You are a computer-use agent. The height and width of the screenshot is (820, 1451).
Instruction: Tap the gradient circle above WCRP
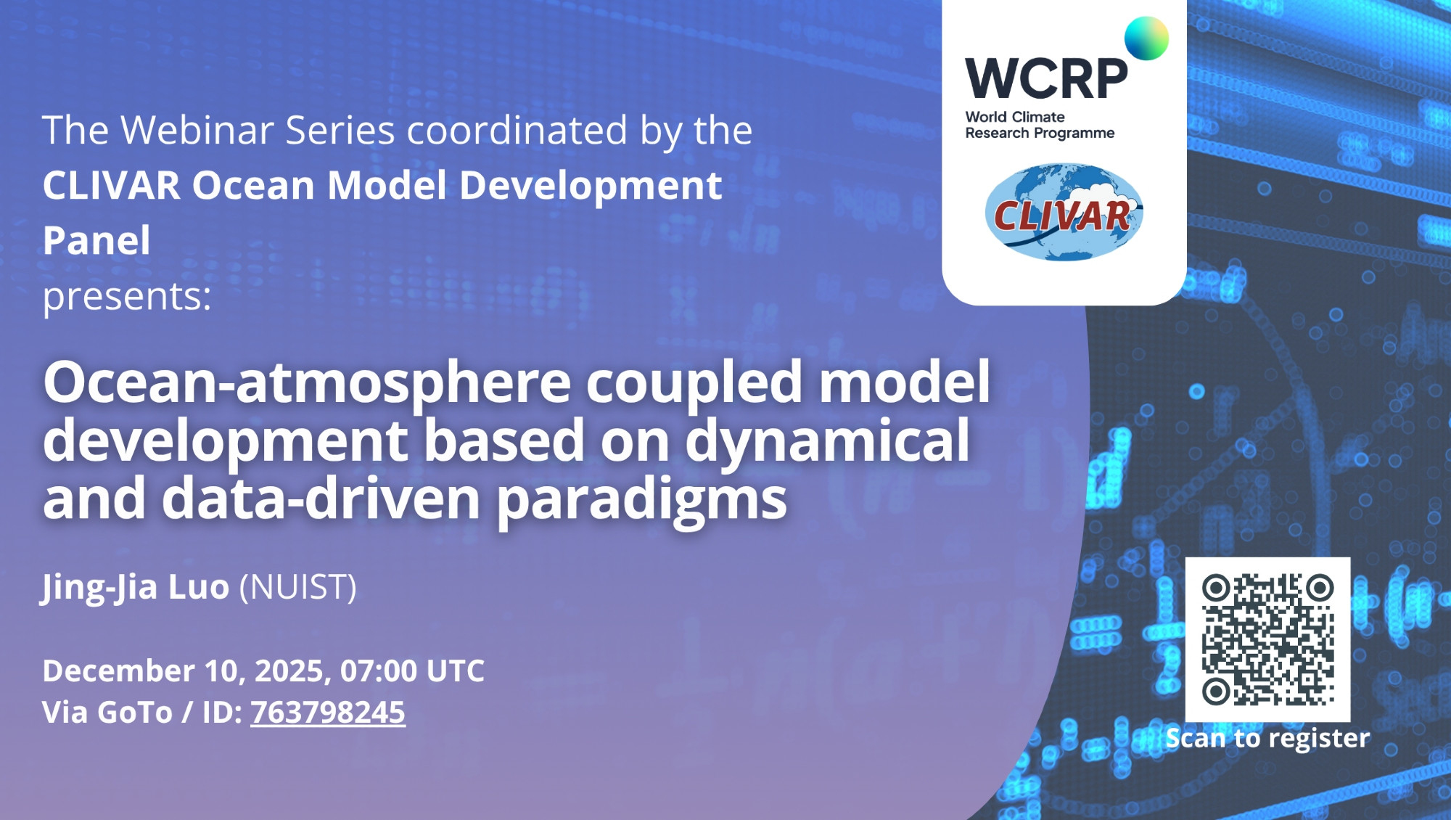(x=1146, y=38)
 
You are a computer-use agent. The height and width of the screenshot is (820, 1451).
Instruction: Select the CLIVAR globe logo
(x=1064, y=212)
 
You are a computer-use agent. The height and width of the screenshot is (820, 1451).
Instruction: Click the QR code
(x=1267, y=639)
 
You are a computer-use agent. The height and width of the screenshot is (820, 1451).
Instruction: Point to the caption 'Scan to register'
(x=1267, y=738)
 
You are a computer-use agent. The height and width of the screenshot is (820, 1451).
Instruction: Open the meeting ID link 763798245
(x=328, y=712)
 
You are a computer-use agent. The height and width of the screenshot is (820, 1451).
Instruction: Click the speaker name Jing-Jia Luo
(x=136, y=587)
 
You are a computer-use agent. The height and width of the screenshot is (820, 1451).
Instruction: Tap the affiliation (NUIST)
(x=298, y=587)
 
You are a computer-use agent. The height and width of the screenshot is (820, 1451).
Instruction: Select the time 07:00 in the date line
(x=377, y=671)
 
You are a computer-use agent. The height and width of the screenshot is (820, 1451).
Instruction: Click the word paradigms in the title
(x=642, y=500)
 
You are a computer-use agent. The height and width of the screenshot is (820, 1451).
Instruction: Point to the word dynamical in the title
(x=827, y=440)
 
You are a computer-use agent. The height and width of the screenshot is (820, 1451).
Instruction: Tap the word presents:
(x=127, y=296)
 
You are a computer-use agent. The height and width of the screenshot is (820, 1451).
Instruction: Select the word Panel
(x=96, y=240)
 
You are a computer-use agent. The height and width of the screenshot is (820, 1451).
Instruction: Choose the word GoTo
(x=135, y=712)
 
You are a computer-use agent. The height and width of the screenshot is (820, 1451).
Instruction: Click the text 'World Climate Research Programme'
(x=1040, y=125)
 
